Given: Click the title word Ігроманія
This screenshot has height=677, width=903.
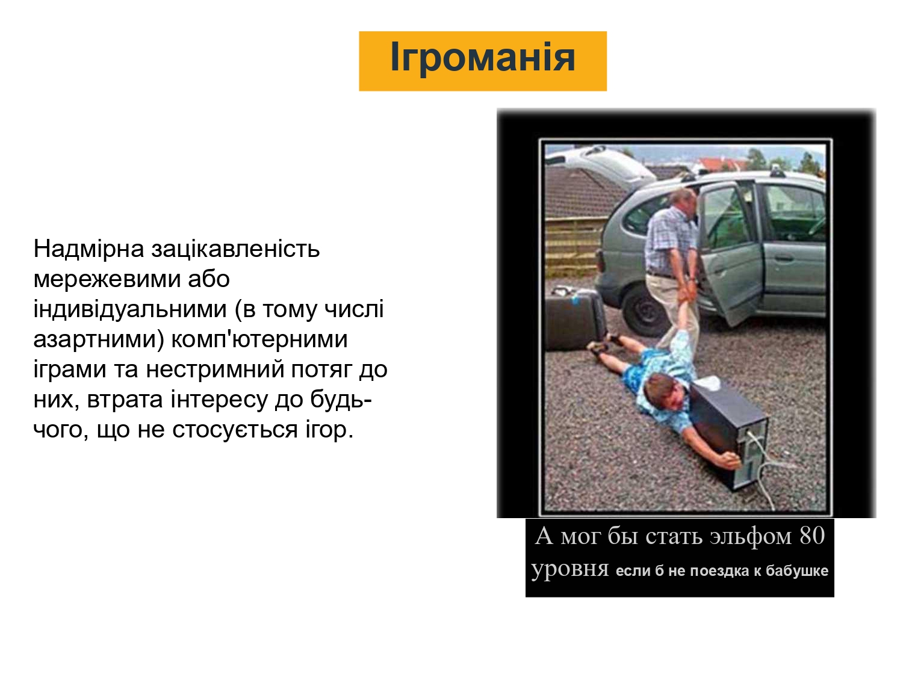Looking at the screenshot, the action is [483, 58].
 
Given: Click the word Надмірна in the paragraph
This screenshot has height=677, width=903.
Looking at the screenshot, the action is [88, 249].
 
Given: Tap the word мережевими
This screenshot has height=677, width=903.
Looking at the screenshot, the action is [107, 279].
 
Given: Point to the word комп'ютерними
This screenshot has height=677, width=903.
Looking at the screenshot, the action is [259, 339].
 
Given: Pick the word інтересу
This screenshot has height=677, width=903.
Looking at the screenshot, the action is [219, 399].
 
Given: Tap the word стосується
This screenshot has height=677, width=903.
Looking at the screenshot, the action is [235, 430].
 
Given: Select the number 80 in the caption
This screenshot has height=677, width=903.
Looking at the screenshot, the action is [812, 536].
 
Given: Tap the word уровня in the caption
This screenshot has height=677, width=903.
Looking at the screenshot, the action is [569, 570].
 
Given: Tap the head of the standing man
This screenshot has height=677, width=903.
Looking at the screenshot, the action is [683, 200].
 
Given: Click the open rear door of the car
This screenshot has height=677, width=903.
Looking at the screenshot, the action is [731, 251].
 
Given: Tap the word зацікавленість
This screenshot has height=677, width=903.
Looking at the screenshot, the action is [235, 249].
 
